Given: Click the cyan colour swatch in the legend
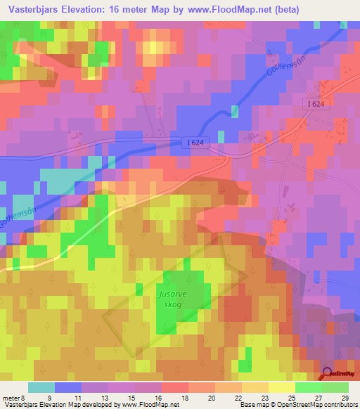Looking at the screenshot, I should click(41, 387).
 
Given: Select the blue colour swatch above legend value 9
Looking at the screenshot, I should click(68, 387).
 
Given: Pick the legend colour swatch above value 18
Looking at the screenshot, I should click(175, 387).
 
